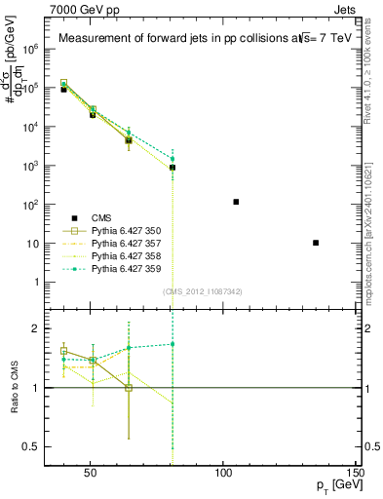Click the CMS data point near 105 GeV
[x=237, y=202]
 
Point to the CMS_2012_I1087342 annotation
[x=202, y=291]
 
